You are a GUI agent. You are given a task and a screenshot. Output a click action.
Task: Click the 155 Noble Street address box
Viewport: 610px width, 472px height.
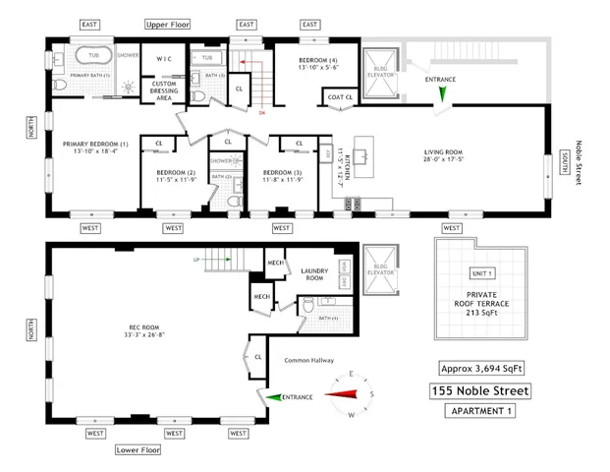479,391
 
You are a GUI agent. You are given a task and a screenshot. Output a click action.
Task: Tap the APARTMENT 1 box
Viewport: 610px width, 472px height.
479,412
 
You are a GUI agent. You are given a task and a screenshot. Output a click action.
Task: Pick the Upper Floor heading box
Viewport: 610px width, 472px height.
167,24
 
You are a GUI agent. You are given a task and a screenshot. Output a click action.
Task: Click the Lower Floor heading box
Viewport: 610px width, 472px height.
139,450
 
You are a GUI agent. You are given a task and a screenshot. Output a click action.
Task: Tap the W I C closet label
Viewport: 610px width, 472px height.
164,58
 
